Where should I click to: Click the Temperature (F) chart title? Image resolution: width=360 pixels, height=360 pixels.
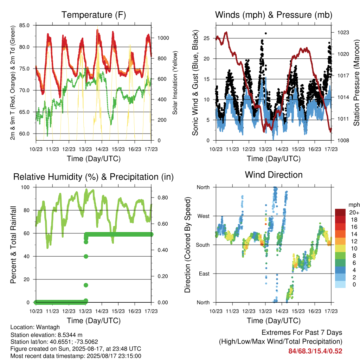pyautogui.click(x=94, y=15)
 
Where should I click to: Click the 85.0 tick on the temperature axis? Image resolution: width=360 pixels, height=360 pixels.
pyautogui.click(x=24, y=25)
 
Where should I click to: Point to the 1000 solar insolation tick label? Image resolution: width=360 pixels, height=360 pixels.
pyautogui.click(x=163, y=38)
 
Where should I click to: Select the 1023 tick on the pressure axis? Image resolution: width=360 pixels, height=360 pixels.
pyautogui.click(x=343, y=32)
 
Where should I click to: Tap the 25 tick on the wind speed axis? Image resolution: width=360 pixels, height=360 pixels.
pyautogui.click(x=206, y=38)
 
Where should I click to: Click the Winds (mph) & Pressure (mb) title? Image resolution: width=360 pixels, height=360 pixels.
pyautogui.click(x=274, y=15)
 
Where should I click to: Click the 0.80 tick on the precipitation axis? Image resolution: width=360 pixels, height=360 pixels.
pyautogui.click(x=163, y=198)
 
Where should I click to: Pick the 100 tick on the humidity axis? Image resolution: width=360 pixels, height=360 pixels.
pyautogui.click(x=25, y=187)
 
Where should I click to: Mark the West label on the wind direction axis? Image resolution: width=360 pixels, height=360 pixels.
pyautogui.click(x=204, y=216)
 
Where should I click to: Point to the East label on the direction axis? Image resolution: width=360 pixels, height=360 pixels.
pyautogui.click(x=204, y=274)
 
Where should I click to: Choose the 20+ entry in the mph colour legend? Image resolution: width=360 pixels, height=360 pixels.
pyautogui.click(x=354, y=212)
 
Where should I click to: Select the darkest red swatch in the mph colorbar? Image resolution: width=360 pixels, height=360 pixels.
pyautogui.click(x=340, y=212)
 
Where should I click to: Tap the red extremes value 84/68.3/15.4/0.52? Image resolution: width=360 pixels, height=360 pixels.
pyautogui.click(x=315, y=351)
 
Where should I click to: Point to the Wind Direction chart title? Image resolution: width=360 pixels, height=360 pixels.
pyautogui.click(x=274, y=175)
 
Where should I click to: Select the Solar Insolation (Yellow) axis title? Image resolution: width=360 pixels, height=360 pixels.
pyautogui.click(x=175, y=83)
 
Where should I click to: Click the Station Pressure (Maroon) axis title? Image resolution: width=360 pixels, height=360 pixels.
pyautogui.click(x=356, y=83)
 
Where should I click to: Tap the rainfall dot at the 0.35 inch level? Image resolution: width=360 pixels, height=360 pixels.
pyautogui.click(x=86, y=256)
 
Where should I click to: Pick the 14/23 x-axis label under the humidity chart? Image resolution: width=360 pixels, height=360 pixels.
pyautogui.click(x=102, y=311)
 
